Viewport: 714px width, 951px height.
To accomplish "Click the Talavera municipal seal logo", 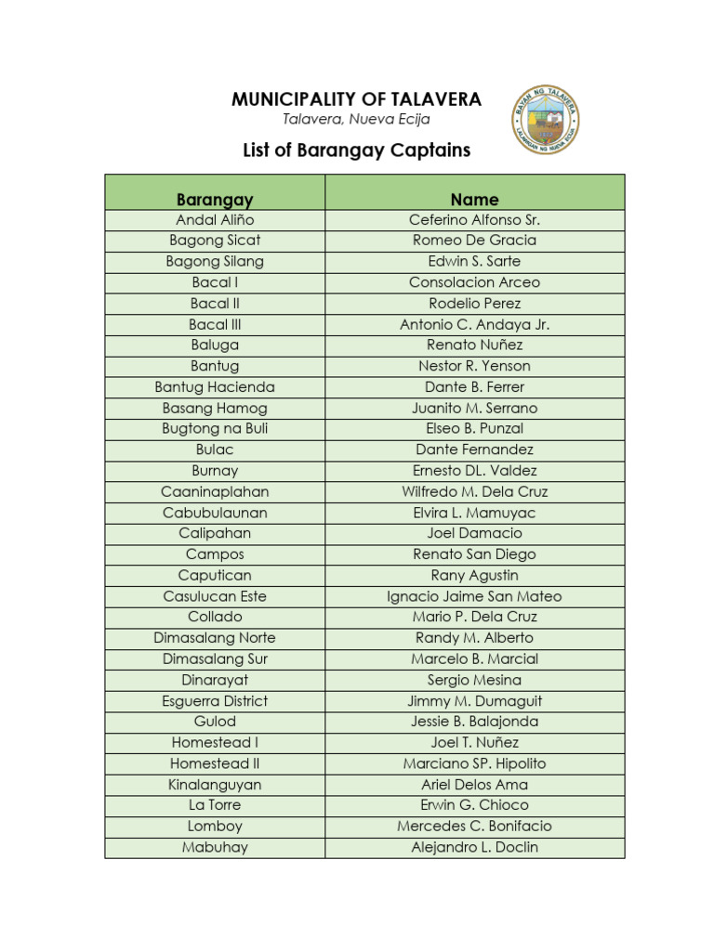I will point(546,120).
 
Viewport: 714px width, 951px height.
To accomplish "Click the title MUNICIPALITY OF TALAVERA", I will point(356,99).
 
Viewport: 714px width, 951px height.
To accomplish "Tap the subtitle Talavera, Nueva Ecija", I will point(356,120).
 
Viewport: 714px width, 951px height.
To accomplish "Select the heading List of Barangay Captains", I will point(356,150).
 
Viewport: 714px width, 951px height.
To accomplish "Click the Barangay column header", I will point(215,200).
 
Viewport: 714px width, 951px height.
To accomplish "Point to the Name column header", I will point(474,200).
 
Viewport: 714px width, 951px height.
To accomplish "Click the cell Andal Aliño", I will point(215,220).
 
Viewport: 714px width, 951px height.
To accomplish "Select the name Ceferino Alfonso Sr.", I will point(474,220).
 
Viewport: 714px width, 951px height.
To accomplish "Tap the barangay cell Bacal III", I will point(215,325).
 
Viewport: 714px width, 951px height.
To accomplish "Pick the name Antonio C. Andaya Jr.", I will point(474,325).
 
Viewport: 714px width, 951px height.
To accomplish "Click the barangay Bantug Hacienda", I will point(215,387).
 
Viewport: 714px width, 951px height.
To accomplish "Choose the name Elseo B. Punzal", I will point(474,429).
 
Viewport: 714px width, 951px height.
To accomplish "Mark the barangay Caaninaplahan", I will point(215,492).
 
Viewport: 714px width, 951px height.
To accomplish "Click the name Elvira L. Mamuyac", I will point(474,513).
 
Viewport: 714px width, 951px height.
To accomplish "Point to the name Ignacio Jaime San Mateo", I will point(474,596).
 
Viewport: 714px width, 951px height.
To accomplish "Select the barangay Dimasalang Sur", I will point(215,659).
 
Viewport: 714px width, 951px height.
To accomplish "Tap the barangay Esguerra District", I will point(215,701).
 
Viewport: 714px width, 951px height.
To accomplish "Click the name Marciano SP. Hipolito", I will point(474,763).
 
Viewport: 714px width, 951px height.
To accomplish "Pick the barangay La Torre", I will point(215,805).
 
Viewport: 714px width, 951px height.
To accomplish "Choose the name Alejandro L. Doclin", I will point(474,847).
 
